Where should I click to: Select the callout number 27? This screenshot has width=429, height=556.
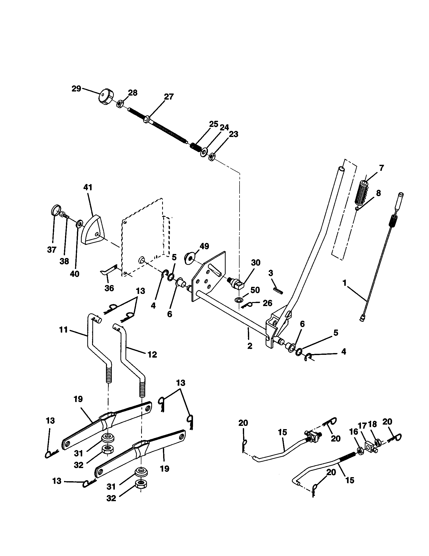tap(169, 97)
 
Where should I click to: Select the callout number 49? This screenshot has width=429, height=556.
tap(204, 246)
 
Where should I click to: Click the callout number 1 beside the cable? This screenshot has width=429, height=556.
tap(345, 283)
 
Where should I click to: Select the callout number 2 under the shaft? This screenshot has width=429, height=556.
tap(250, 346)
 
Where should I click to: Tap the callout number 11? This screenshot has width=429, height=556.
tap(63, 330)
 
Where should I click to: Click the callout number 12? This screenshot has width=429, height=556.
tap(152, 354)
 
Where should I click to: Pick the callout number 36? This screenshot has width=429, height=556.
tap(109, 288)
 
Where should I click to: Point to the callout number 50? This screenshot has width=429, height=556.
tap(255, 290)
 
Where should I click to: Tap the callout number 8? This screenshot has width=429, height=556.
tap(378, 193)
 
